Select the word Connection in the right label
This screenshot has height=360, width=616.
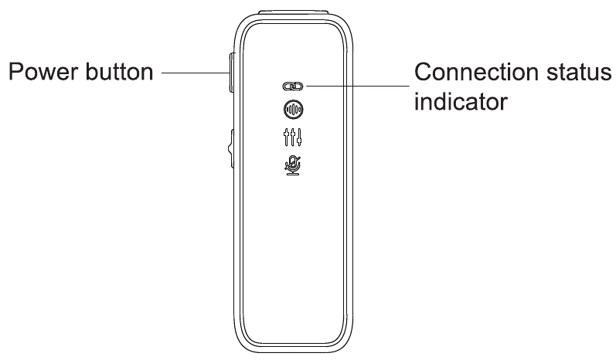coord(477,72)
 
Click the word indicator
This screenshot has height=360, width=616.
coord(461,102)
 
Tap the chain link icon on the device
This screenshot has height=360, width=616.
coord(293,86)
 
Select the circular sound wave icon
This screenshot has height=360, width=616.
coord(293,110)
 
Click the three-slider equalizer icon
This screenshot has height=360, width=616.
coord(293,138)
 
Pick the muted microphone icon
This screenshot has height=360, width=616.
coord(293,165)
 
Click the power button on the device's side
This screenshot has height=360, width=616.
coord(232,73)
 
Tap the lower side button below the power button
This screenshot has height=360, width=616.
coord(231,149)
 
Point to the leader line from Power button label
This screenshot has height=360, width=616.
coord(196,73)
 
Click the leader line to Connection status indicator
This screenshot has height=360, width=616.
coord(358,86)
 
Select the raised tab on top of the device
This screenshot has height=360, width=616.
coord(293,12)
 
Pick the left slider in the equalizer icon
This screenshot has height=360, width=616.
coord(287,138)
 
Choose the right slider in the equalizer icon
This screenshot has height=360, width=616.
coord(299,138)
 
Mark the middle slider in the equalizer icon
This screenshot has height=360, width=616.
coord(293,138)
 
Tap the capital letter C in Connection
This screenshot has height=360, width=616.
coord(424,72)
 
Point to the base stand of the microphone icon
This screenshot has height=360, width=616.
coord(293,173)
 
